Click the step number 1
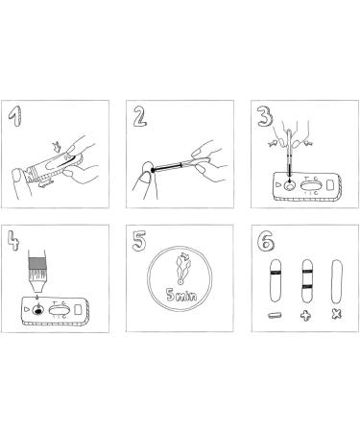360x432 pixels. (x=16, y=116)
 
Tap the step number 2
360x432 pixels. (x=140, y=116)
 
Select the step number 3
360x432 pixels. (x=265, y=115)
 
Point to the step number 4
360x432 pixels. (x=13, y=240)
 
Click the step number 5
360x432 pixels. (x=139, y=241)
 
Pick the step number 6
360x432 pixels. (x=266, y=240)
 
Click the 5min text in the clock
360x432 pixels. (x=181, y=295)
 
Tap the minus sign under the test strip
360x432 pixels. (x=276, y=316)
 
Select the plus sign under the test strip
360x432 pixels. (x=305, y=316)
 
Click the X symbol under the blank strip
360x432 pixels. (x=336, y=315)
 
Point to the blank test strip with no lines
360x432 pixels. (x=337, y=281)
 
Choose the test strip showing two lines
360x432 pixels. (x=307, y=281)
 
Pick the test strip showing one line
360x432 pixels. (x=276, y=281)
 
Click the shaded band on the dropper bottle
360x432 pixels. (x=37, y=264)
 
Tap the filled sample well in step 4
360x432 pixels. (x=38, y=310)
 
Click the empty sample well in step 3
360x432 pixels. (x=291, y=185)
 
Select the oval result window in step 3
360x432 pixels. (x=311, y=185)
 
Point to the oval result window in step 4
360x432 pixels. (x=59, y=310)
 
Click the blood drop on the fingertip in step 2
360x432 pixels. (x=153, y=170)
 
